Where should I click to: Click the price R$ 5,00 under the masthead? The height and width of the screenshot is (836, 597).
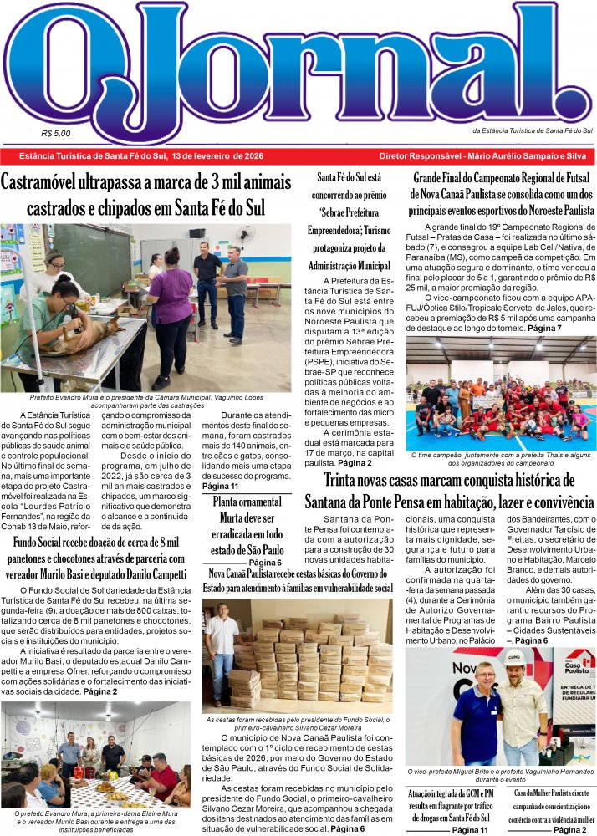(x=55, y=132)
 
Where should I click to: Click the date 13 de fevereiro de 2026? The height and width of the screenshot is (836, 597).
(x=217, y=156)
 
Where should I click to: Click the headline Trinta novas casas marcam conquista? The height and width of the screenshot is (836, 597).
(x=450, y=492)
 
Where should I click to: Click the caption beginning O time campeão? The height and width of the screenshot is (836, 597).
(x=501, y=458)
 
